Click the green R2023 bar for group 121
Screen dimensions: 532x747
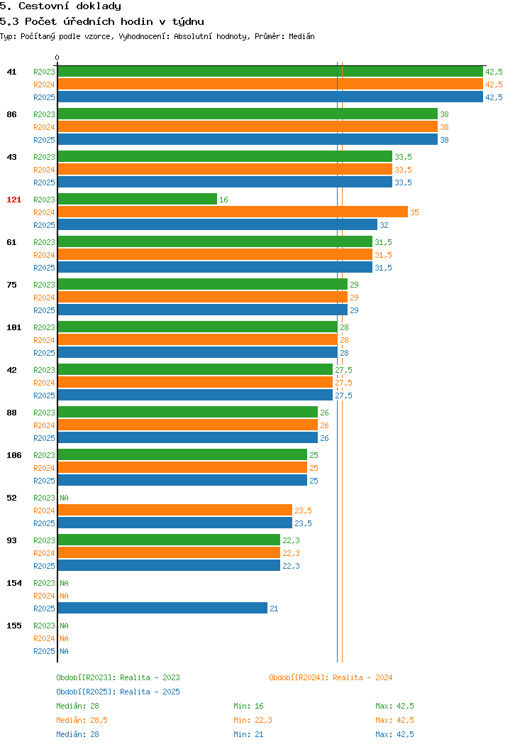coord(138,199)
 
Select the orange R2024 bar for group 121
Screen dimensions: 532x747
coord(233,212)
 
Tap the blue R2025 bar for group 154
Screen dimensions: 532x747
coord(162,608)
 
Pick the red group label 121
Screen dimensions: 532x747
coord(13,200)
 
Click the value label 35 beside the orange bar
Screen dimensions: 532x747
coord(414,212)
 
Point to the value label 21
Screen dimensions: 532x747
coord(274,609)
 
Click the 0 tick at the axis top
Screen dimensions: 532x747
coord(57,58)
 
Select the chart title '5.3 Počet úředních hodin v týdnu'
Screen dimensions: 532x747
coord(102,21)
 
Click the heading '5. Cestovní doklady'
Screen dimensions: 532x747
coord(60,6)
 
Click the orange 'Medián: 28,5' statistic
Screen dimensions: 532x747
coord(82,720)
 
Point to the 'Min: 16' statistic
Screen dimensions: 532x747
coord(248,706)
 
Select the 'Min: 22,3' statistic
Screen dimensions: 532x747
coord(253,720)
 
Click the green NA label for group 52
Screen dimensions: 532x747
coord(65,498)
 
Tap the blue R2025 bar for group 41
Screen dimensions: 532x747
coord(270,97)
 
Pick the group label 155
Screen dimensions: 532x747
coord(13,626)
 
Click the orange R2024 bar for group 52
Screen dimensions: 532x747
coord(175,511)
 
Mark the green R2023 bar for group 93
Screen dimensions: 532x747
coord(169,540)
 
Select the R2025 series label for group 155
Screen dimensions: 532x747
coord(44,651)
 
